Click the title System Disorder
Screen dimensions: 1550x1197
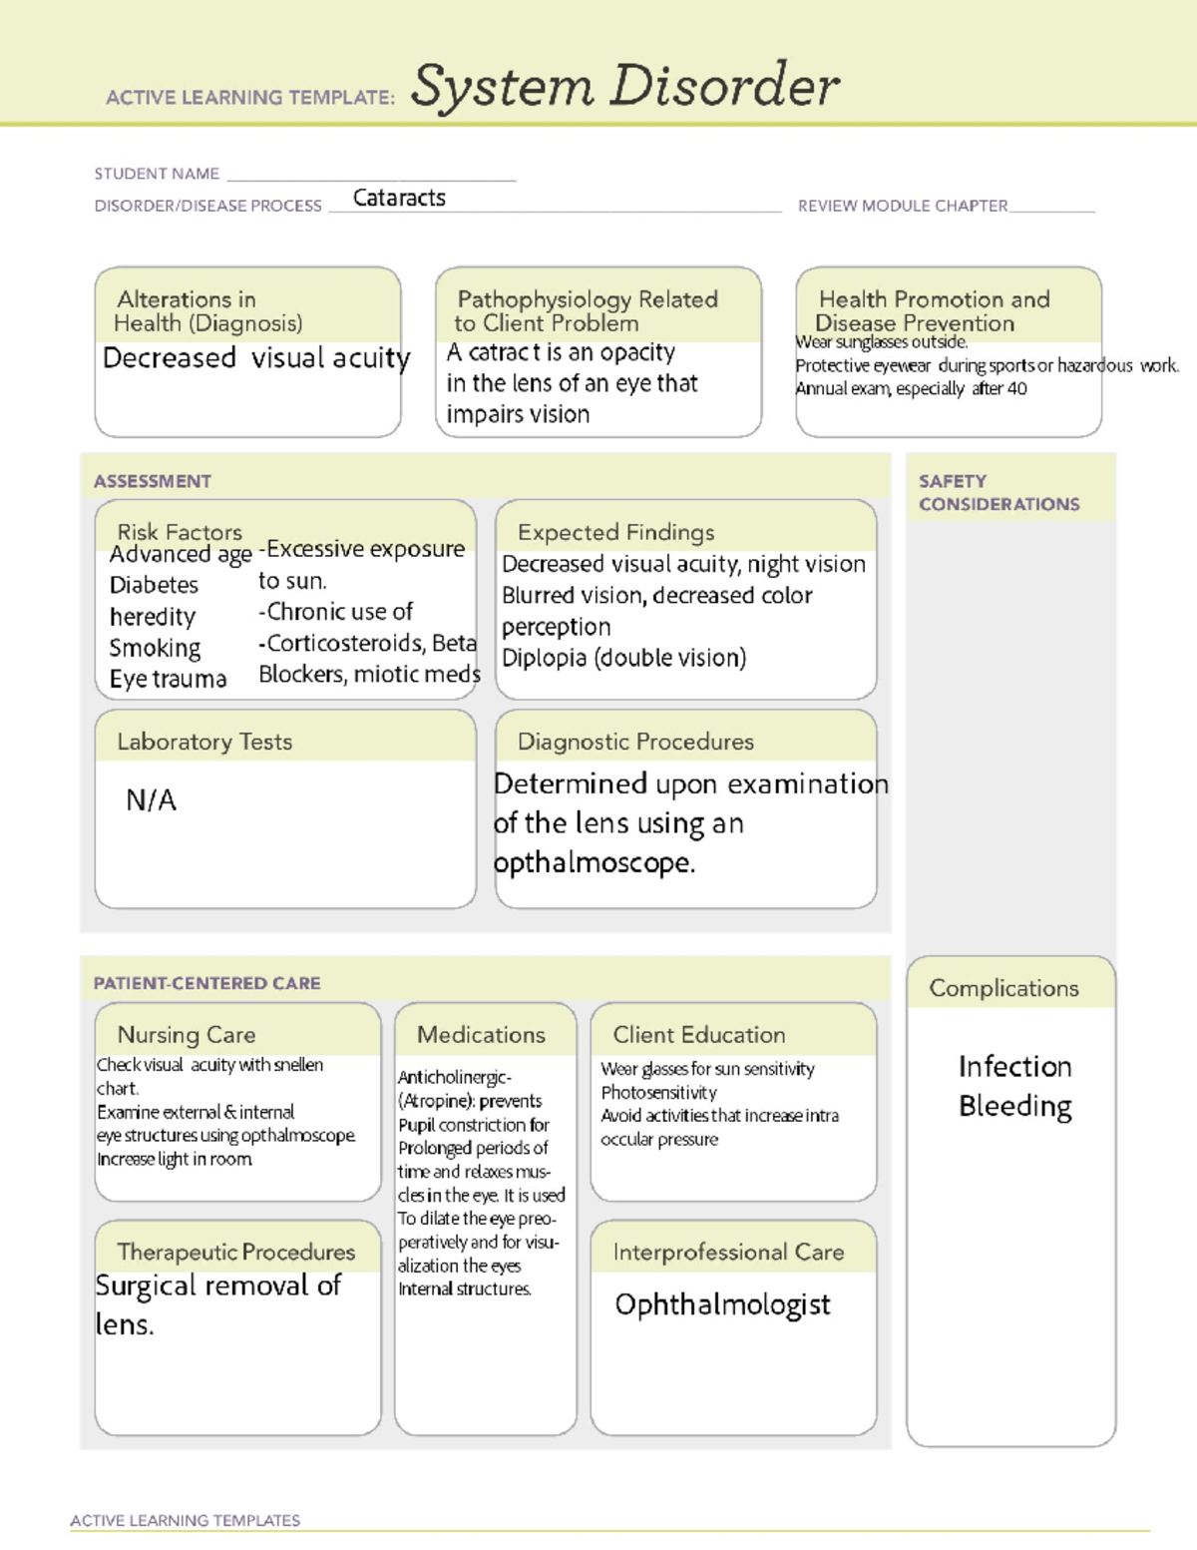click(x=624, y=86)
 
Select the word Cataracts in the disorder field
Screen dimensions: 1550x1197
click(x=399, y=198)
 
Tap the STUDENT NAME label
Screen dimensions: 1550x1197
click(x=157, y=174)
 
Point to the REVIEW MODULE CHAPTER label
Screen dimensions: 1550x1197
click(x=903, y=206)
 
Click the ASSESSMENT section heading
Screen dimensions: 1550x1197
click(x=153, y=481)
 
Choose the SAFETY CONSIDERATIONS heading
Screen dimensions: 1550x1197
click(x=998, y=492)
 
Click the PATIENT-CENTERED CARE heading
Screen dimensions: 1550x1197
click(x=207, y=983)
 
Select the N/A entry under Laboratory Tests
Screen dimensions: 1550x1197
click(x=151, y=799)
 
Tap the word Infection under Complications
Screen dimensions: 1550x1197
click(x=1014, y=1066)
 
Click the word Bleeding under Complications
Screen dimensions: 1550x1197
click(x=1014, y=1106)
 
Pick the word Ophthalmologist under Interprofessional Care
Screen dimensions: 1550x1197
click(x=722, y=1304)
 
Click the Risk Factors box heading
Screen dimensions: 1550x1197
click(x=180, y=532)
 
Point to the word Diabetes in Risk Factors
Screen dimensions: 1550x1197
click(x=154, y=585)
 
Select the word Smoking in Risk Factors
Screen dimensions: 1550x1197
click(x=155, y=648)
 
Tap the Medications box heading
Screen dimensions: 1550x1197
click(x=481, y=1035)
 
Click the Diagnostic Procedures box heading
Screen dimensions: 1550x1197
click(x=635, y=742)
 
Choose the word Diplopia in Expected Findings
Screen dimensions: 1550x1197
click(x=545, y=659)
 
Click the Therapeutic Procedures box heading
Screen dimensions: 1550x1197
click(x=235, y=1252)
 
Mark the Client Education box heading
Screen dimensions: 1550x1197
click(x=698, y=1035)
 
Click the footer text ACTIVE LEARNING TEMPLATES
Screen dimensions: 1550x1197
click(x=185, y=1520)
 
